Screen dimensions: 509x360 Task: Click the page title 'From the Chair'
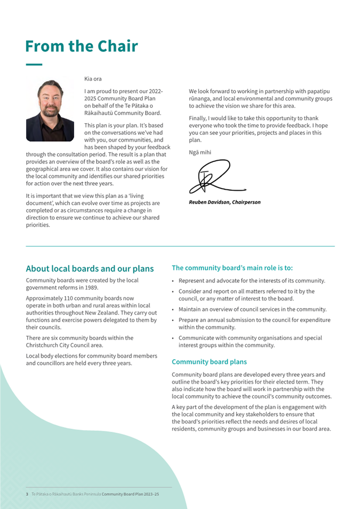[81, 46]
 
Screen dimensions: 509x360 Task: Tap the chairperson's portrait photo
[50, 110]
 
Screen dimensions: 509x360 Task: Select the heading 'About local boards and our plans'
[90, 269]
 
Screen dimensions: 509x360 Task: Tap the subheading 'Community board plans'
[209, 362]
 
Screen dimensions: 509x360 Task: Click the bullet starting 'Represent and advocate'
[252, 281]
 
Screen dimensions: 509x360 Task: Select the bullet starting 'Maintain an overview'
[252, 309]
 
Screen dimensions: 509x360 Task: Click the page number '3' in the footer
[27, 495]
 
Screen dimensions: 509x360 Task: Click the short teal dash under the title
[34, 64]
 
